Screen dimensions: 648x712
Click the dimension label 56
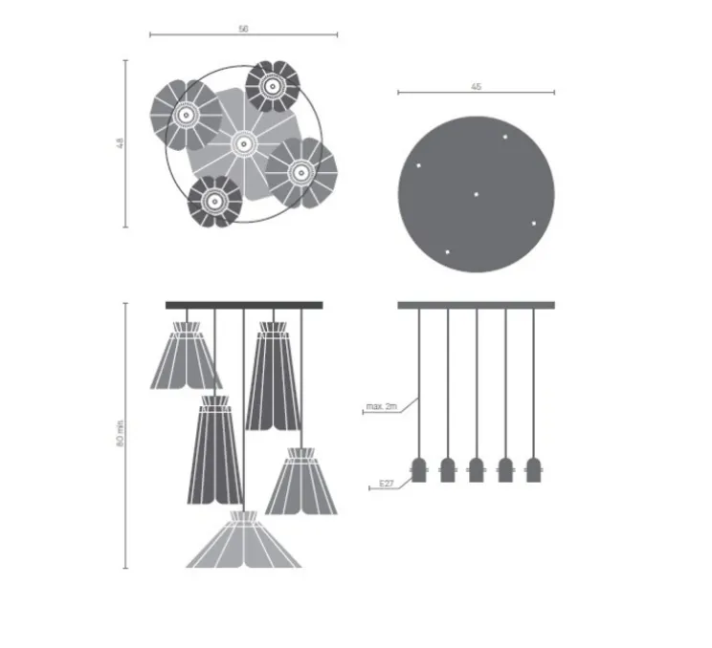tap(243, 30)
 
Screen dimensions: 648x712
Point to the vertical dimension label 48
tap(120, 143)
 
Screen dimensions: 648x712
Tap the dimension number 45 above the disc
tap(476, 87)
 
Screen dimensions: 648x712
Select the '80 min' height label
tap(120, 435)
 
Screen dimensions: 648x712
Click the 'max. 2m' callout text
tap(381, 409)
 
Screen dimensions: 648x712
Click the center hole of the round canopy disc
tap(476, 194)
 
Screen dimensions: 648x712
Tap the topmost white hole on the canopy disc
tap(505, 137)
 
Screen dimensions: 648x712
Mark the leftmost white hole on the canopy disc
tap(418, 165)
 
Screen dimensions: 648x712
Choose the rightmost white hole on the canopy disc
tap(534, 223)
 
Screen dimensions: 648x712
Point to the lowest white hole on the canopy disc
tap(447, 252)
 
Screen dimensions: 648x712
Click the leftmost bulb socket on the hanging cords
tap(418, 470)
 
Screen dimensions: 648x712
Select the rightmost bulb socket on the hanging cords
tap(534, 470)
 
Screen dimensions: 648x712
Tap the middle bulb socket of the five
tap(476, 470)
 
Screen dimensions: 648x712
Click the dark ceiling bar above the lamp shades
tap(245, 305)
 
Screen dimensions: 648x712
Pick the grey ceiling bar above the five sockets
tap(476, 305)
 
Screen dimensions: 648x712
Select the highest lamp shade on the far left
tap(184, 356)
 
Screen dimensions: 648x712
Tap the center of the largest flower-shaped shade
tap(241, 145)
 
